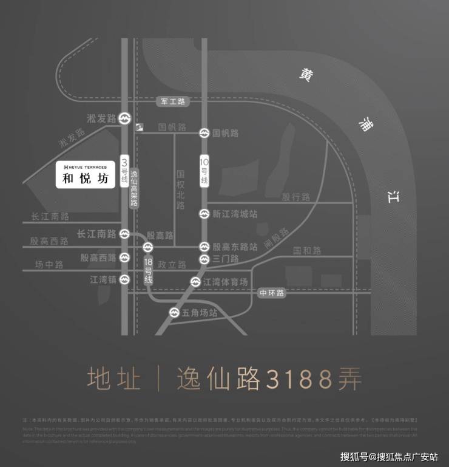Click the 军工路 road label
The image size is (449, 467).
(173, 101)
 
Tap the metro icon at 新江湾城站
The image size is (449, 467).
(204, 214)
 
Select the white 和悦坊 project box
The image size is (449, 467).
(85, 175)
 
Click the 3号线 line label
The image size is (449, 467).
(124, 171)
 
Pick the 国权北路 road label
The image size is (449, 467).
(180, 189)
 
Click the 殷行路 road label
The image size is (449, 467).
(295, 197)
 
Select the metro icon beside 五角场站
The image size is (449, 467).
(174, 313)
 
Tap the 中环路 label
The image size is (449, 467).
(271, 293)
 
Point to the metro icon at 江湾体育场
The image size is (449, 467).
(195, 282)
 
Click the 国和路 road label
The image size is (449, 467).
(307, 250)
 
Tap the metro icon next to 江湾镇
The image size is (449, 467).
(124, 279)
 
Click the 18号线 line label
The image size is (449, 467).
(147, 271)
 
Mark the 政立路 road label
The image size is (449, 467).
(171, 264)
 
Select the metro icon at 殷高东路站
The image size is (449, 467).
(204, 247)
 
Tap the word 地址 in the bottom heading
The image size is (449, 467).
(113, 380)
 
